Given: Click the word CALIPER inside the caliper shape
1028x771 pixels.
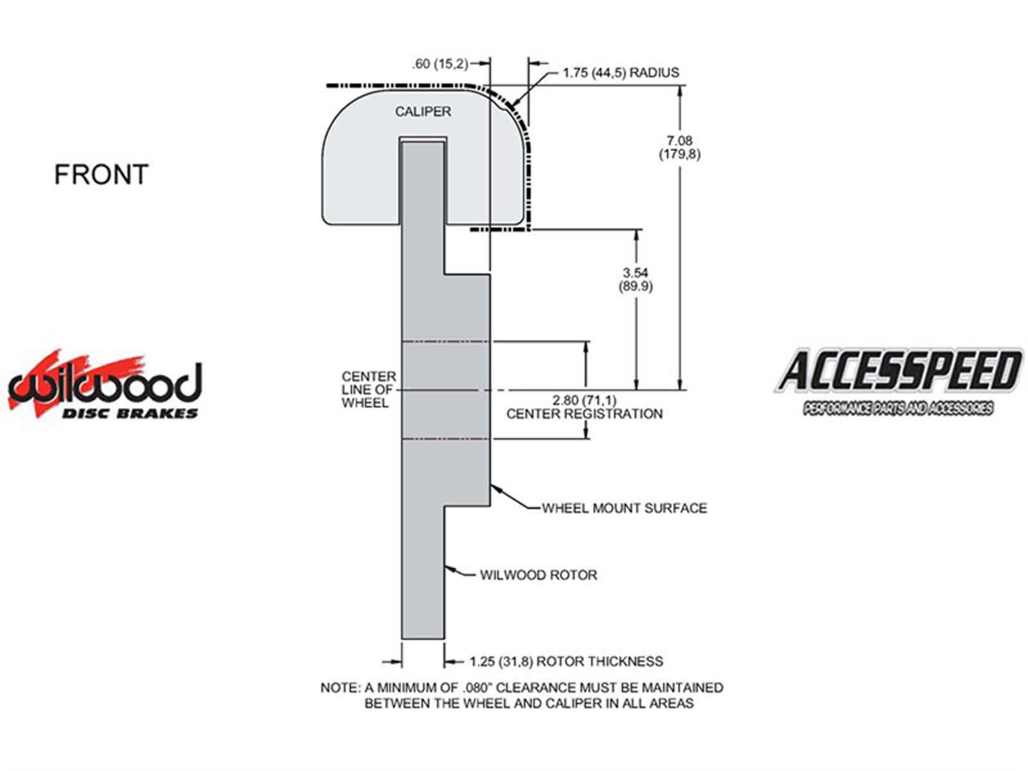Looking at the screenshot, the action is click(422, 111).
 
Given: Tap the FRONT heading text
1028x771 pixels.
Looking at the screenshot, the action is click(101, 174).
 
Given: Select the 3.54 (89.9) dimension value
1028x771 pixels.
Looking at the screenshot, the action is click(635, 279).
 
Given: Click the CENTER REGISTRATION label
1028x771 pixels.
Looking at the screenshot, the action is click(584, 414).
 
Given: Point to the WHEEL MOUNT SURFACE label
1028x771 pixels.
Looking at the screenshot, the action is click(624, 508).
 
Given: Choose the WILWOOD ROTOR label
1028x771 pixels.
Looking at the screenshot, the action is click(538, 575).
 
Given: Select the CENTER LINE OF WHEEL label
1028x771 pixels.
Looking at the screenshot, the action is click(368, 389).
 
